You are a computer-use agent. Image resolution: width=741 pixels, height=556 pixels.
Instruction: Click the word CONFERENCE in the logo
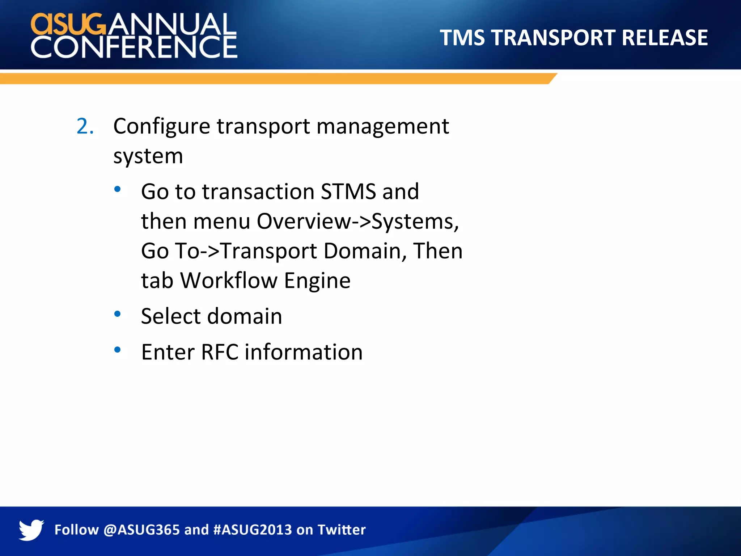tap(134, 47)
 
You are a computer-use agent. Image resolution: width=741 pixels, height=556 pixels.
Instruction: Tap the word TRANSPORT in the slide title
tap(553, 38)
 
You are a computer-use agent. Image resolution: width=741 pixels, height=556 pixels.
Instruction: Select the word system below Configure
tap(148, 156)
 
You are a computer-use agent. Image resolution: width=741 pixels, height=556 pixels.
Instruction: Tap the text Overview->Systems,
tap(357, 221)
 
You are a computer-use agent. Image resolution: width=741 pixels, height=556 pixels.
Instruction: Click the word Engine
tap(317, 281)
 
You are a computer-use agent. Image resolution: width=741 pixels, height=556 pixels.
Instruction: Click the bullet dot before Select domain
tap(117, 314)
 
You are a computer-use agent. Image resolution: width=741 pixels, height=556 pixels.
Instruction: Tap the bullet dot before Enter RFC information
tap(117, 350)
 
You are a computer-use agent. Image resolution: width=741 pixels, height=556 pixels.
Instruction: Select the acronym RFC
tap(219, 352)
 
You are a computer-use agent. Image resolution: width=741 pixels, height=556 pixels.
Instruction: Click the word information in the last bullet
tap(303, 352)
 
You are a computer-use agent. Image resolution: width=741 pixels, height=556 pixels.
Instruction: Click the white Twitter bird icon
tap(31, 530)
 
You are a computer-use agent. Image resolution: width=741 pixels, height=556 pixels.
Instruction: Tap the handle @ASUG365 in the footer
tap(141, 530)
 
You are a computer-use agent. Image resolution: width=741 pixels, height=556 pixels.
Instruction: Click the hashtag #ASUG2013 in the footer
tap(253, 530)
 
